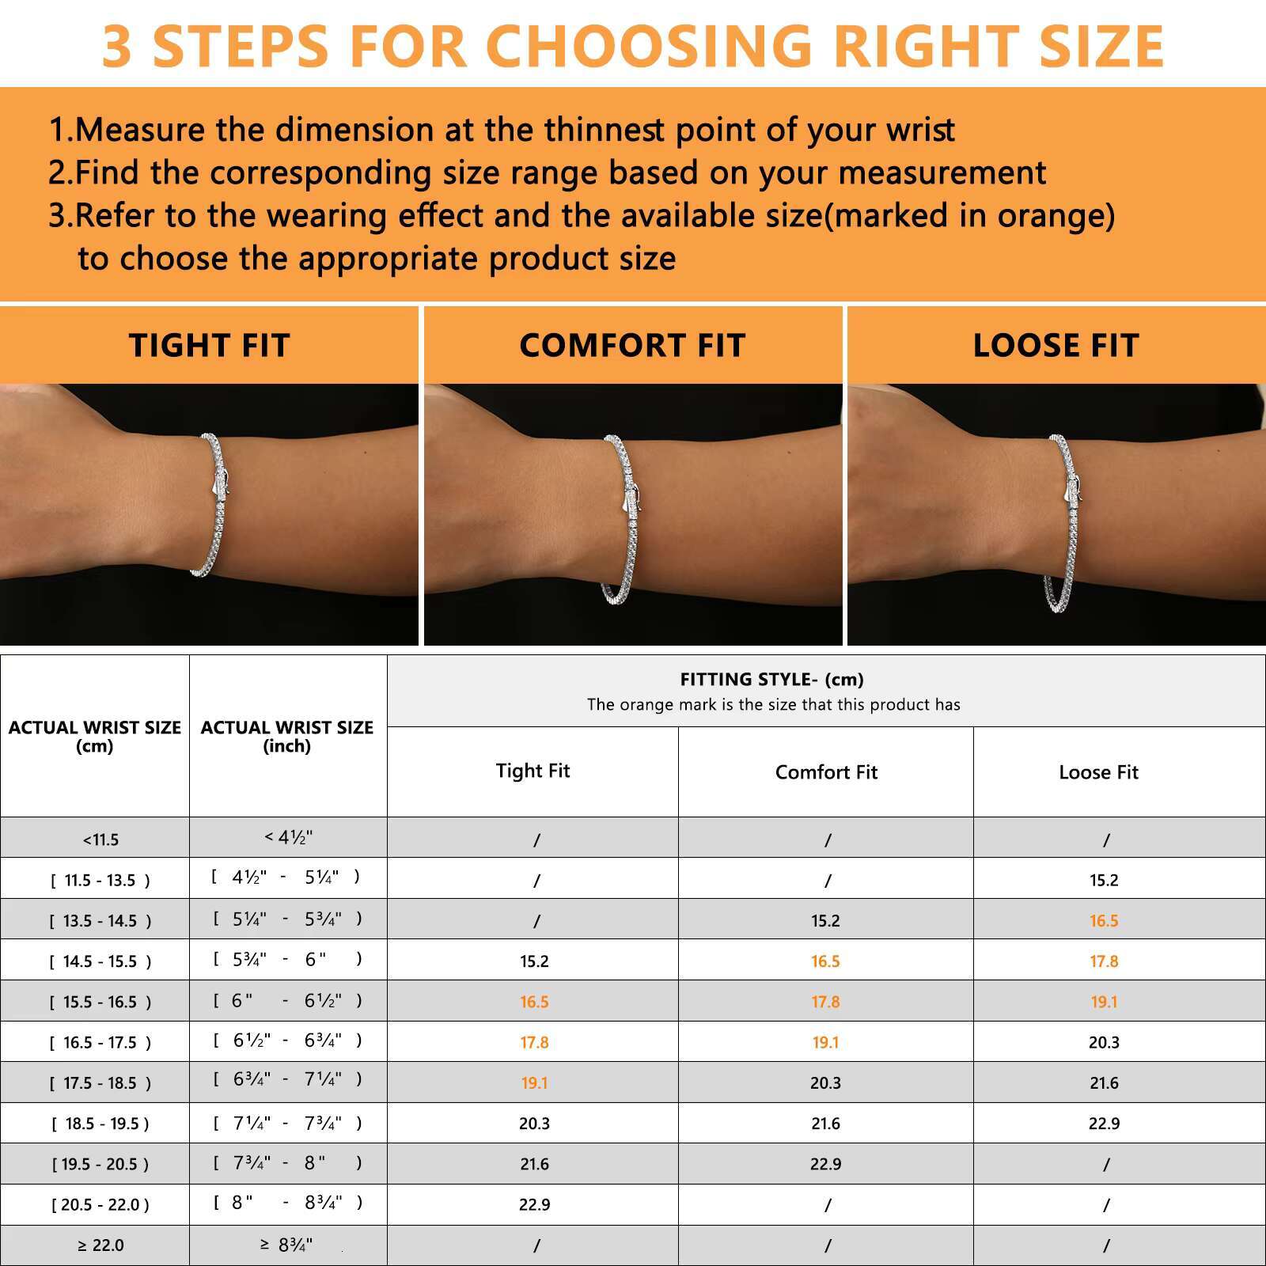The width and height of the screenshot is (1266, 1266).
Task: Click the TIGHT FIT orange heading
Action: [x=209, y=346]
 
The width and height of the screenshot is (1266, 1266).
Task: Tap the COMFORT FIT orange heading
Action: [x=632, y=346]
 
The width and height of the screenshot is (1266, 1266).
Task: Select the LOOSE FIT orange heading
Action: [x=1056, y=346]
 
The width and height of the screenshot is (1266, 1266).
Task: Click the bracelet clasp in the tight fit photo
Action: [x=222, y=483]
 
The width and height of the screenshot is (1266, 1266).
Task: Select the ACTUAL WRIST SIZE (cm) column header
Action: [x=95, y=736]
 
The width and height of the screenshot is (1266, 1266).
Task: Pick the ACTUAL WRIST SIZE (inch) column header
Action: [x=287, y=736]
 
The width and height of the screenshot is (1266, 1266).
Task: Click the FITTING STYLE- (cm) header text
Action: [x=771, y=679]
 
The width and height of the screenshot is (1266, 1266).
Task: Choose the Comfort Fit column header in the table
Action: [x=826, y=772]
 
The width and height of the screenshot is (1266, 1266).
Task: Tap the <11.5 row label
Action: [x=100, y=840]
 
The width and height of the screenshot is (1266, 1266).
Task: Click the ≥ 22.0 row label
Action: [x=100, y=1245]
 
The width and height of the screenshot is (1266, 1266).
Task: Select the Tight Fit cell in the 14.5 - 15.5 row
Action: [x=534, y=961]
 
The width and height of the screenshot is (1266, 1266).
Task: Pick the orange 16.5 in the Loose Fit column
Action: [x=1104, y=921]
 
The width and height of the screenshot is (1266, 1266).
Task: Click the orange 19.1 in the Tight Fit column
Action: [x=534, y=1083]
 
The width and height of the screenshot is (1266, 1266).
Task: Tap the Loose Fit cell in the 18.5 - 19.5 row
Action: [x=1104, y=1124]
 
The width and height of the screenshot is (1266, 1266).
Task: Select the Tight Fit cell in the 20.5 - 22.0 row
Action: [x=534, y=1205]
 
